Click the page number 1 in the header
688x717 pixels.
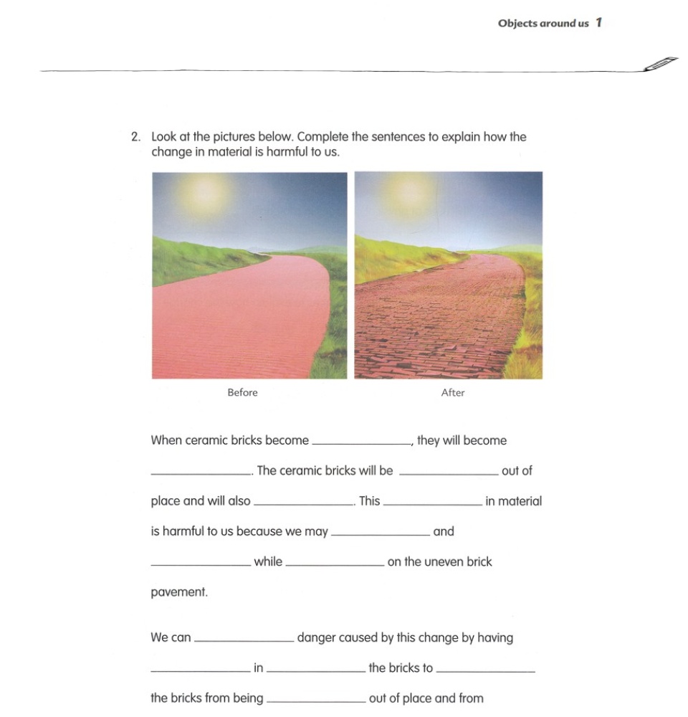pos(598,23)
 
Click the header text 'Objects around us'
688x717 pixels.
pos(543,24)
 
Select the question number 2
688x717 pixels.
pos(135,136)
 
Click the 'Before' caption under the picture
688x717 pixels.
pos(242,392)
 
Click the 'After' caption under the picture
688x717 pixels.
pos(453,392)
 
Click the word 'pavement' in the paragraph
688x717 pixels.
pos(178,593)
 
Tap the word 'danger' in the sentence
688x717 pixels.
pos(317,637)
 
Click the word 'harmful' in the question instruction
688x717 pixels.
pos(287,152)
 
